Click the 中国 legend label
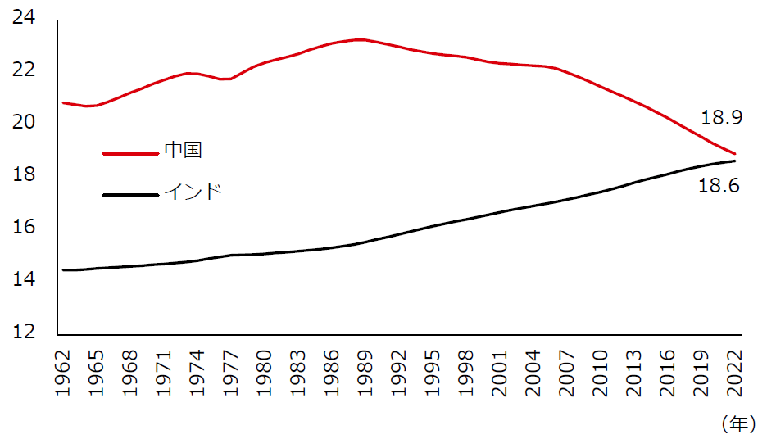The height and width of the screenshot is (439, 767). pyautogui.click(x=183, y=151)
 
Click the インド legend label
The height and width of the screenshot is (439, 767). pyautogui.click(x=193, y=192)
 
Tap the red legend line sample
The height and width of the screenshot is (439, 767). pyautogui.click(x=129, y=152)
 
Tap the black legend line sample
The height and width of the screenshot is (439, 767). pyautogui.click(x=129, y=195)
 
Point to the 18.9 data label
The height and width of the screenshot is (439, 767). pyautogui.click(x=721, y=119)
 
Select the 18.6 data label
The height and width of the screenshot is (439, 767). pyautogui.click(x=719, y=187)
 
